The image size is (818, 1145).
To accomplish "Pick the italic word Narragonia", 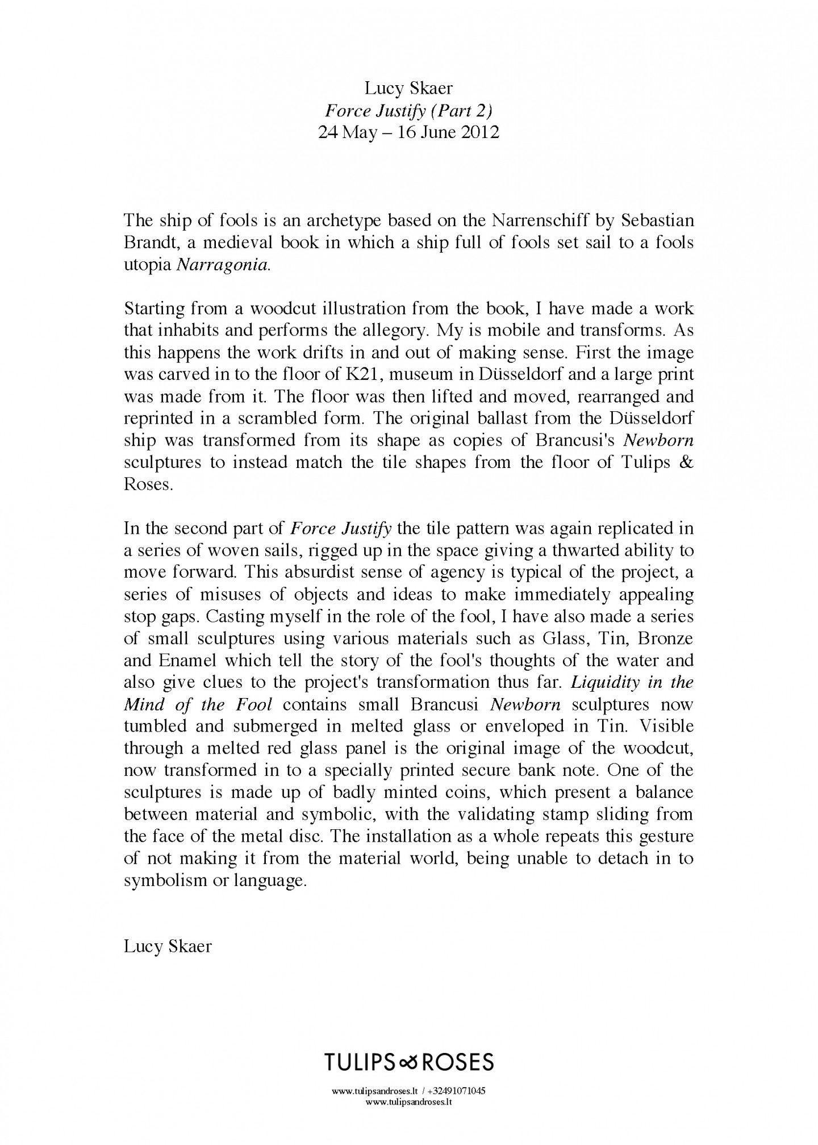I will [x=222, y=265].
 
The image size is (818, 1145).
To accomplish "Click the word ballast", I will [x=498, y=419].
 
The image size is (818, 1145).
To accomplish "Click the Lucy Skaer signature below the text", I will [x=168, y=946].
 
